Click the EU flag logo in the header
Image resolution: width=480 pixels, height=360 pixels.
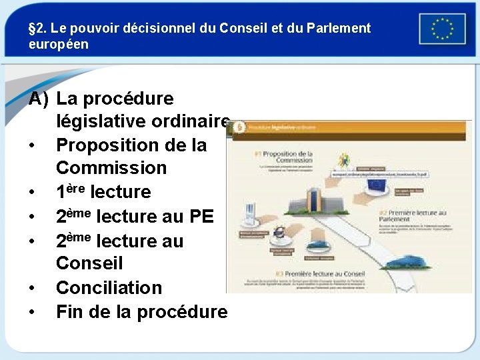(442, 29)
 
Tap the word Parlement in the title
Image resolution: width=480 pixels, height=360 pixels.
(339, 29)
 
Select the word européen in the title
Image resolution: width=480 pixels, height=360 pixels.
(59, 45)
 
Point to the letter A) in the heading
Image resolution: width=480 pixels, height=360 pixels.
(39, 99)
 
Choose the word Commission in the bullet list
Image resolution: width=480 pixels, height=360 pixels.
(111, 168)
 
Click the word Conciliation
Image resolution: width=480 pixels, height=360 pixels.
(109, 288)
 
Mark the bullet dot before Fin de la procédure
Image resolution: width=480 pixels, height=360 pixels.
(32, 312)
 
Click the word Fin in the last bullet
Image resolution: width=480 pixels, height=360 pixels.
(71, 311)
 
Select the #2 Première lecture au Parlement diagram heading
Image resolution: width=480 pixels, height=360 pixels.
(415, 216)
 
